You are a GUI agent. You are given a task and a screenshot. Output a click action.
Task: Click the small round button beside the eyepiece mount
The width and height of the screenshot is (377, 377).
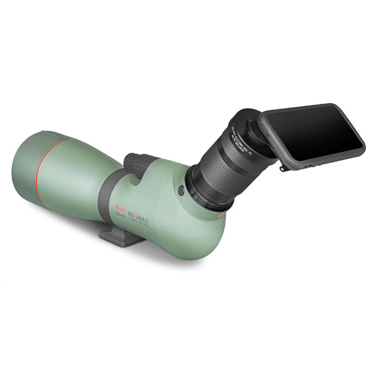181,190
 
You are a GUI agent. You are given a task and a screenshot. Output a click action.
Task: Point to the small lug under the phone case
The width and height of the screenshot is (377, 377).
285,167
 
